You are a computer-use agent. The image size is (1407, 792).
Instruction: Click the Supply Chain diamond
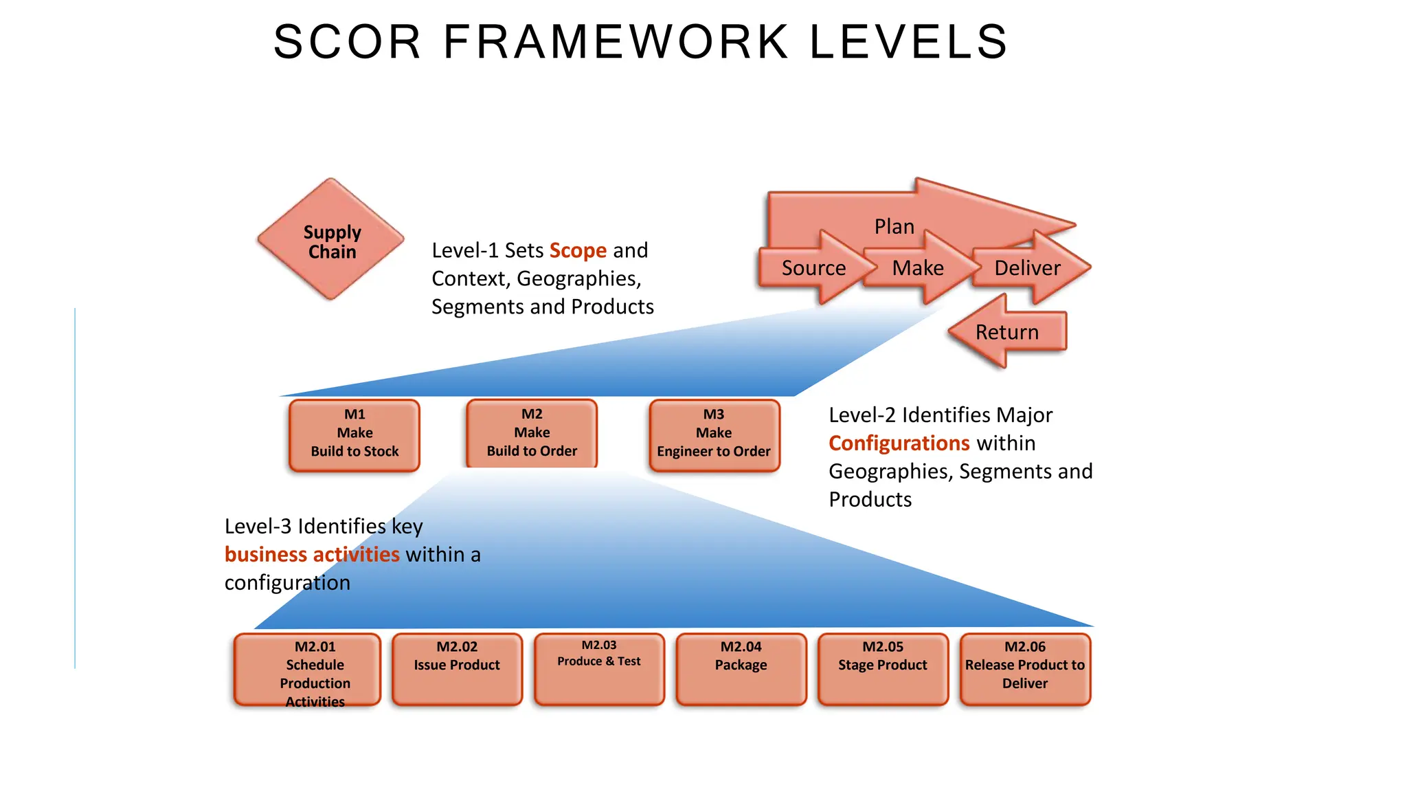click(x=331, y=240)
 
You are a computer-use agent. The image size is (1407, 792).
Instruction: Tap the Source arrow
click(x=813, y=267)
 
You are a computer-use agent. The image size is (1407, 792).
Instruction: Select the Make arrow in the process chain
click(x=918, y=267)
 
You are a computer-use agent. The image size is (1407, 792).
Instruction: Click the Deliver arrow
click(x=1028, y=267)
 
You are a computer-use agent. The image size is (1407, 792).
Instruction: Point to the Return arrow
click(x=1007, y=332)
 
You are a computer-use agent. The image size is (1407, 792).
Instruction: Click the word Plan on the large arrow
click(x=894, y=226)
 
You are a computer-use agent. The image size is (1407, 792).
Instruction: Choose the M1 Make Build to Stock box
click(x=354, y=434)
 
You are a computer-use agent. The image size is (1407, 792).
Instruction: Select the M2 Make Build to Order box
click(x=532, y=433)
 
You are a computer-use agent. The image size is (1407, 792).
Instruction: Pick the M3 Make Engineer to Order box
click(x=714, y=434)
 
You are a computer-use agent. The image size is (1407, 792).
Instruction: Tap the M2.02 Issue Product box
click(x=457, y=669)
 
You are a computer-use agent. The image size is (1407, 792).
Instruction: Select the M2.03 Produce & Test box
click(x=599, y=669)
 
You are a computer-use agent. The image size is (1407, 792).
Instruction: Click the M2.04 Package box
click(x=741, y=669)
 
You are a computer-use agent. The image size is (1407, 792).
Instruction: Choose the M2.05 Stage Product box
click(x=883, y=669)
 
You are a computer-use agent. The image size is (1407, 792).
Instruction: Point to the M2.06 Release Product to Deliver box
click(x=1025, y=669)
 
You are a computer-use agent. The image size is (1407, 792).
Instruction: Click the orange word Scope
click(x=578, y=250)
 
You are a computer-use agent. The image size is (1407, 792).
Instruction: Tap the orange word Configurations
click(x=899, y=443)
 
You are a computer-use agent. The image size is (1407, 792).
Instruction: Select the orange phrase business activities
click(x=312, y=555)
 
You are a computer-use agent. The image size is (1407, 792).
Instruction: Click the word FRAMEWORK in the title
click(x=616, y=42)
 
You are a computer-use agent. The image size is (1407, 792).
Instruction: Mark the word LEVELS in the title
click(x=908, y=42)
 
